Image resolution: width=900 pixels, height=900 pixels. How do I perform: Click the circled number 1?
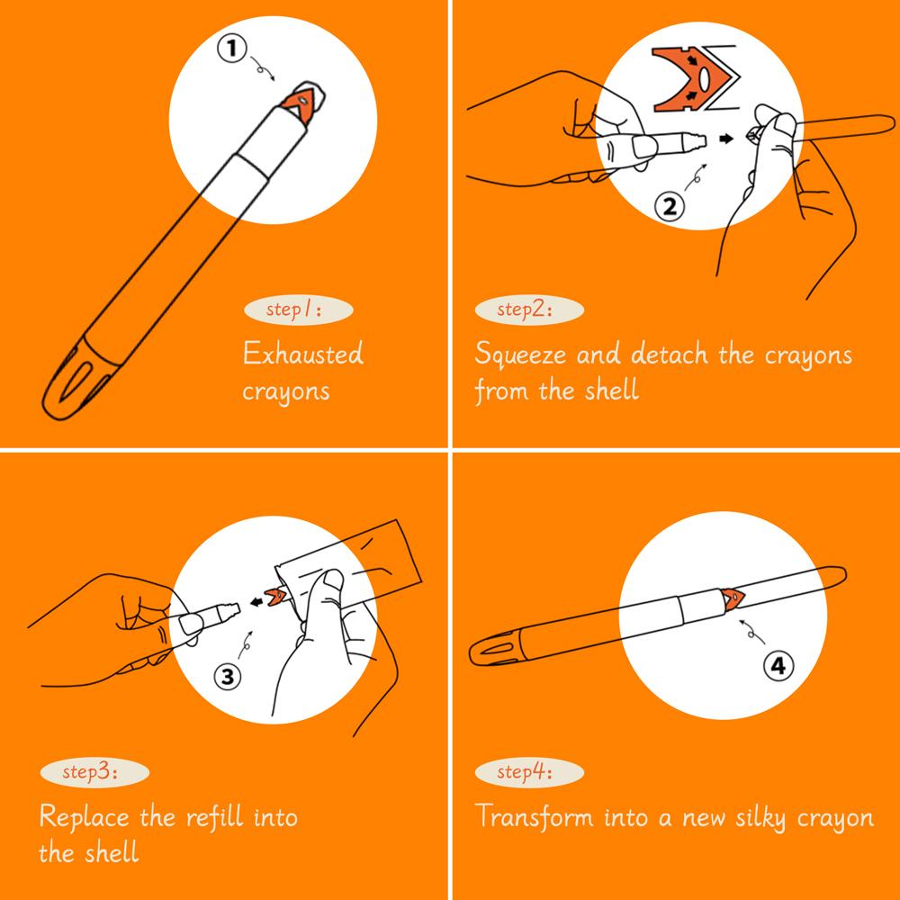(x=231, y=49)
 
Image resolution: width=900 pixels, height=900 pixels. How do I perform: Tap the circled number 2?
(x=670, y=206)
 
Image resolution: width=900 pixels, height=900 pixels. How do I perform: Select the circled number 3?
(x=228, y=677)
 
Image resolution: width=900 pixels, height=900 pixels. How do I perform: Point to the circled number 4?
(x=778, y=666)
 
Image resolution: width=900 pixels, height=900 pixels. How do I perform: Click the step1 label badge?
(x=299, y=310)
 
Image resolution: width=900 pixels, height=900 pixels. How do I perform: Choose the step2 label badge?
(x=529, y=310)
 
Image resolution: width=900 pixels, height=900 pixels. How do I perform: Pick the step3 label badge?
(x=94, y=772)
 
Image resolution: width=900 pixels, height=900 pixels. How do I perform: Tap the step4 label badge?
(x=529, y=772)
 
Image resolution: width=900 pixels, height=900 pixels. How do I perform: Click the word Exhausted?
(x=303, y=354)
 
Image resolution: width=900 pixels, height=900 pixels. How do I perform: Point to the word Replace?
(x=85, y=817)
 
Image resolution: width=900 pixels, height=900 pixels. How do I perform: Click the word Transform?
(x=535, y=815)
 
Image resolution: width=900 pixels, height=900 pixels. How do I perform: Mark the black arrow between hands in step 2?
(x=726, y=139)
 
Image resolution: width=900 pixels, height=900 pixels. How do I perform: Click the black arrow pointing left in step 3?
(x=257, y=601)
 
